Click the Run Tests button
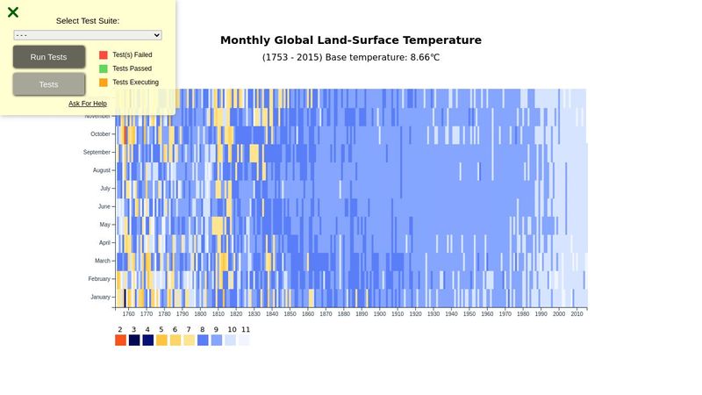(x=49, y=57)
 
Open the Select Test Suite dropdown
(x=88, y=35)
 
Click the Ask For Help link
(x=88, y=104)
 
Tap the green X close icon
(x=13, y=12)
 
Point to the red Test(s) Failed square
(x=104, y=54)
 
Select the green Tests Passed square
(x=104, y=68)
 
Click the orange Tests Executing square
(x=104, y=83)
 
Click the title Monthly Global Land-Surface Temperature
(x=351, y=40)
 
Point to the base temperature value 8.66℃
(x=419, y=57)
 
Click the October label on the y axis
(x=100, y=134)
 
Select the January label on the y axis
(x=100, y=298)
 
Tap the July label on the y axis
(x=105, y=189)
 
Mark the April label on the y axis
(x=104, y=243)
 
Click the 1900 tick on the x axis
(x=379, y=313)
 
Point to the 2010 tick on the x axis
(x=577, y=313)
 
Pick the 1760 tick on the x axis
(x=128, y=313)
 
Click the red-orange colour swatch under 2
(x=120, y=341)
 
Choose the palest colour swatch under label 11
(x=244, y=341)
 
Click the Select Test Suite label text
(x=88, y=21)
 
